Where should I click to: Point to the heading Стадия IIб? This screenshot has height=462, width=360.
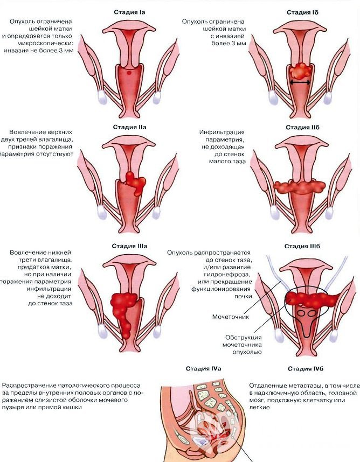pyautogui.click(x=301, y=127)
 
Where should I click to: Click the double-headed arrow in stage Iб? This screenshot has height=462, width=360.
pyautogui.click(x=300, y=82)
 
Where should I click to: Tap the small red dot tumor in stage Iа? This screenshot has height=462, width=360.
pyautogui.click(x=130, y=72)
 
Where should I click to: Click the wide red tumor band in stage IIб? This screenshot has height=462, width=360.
pyautogui.click(x=300, y=187)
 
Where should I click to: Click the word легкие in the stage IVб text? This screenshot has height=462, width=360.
pyautogui.click(x=259, y=408)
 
